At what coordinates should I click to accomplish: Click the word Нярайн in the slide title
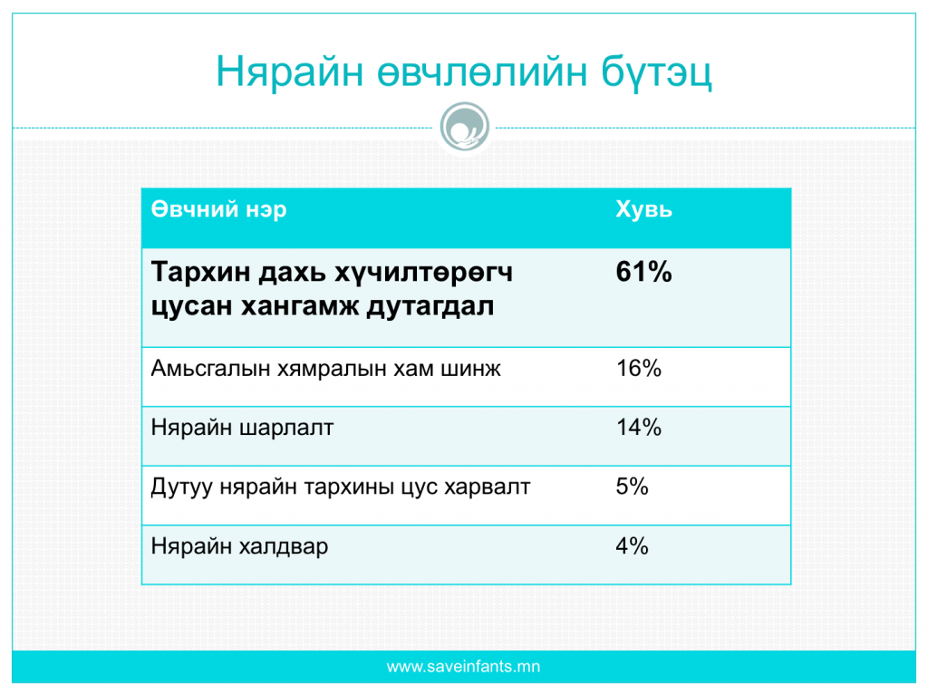[x=289, y=72]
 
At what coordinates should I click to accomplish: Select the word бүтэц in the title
[x=657, y=72]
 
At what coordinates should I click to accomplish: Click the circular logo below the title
[x=465, y=127]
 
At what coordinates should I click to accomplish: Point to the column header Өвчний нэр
[x=219, y=209]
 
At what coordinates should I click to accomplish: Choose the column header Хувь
[x=644, y=209]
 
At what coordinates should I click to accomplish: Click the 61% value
[x=644, y=272]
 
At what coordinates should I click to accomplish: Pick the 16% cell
[x=639, y=369]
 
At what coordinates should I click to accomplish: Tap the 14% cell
[x=639, y=427]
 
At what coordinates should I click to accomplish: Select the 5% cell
[x=632, y=487]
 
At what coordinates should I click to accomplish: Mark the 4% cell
[x=632, y=545]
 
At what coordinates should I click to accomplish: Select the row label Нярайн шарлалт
[x=243, y=428]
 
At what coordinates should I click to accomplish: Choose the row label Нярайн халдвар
[x=239, y=546]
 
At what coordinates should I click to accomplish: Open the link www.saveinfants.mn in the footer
[x=463, y=667]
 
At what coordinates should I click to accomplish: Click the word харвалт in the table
[x=487, y=487]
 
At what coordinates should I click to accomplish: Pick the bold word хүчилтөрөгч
[x=424, y=274]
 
